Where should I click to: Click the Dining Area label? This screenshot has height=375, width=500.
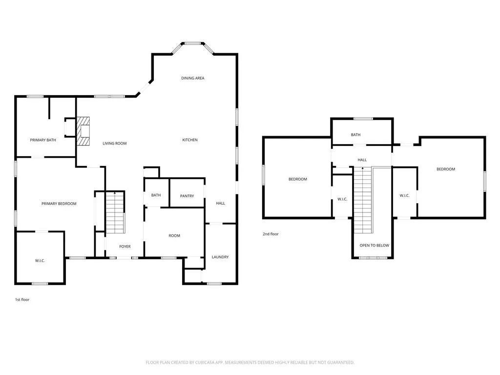[x=192, y=78]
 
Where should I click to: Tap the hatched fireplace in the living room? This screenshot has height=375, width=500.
[x=83, y=131]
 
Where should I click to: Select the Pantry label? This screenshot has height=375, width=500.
[x=187, y=196]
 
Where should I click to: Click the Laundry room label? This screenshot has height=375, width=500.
[x=220, y=257]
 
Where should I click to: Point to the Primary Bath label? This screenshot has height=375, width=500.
[x=43, y=140]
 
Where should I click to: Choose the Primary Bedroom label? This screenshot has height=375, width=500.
[x=59, y=204]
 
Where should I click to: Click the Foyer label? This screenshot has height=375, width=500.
[x=125, y=247]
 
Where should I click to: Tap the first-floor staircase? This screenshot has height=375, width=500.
[x=115, y=212]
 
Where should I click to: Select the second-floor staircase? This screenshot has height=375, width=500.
[x=363, y=200]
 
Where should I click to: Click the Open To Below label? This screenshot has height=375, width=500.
[x=375, y=246]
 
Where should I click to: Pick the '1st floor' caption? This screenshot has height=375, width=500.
[x=22, y=300]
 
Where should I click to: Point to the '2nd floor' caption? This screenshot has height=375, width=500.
[x=271, y=234]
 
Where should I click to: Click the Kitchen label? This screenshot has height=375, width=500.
[x=190, y=140]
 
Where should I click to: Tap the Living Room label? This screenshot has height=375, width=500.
[x=114, y=144]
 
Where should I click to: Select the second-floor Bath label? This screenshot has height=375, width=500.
[x=355, y=135]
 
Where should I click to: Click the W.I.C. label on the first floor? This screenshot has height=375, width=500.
[x=40, y=261]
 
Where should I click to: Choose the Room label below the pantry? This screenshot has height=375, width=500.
[x=174, y=236]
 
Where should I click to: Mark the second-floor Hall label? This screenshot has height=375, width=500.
[x=362, y=160]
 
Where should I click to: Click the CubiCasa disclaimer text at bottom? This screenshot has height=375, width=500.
[x=250, y=363]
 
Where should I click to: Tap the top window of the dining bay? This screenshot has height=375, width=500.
[x=193, y=43]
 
